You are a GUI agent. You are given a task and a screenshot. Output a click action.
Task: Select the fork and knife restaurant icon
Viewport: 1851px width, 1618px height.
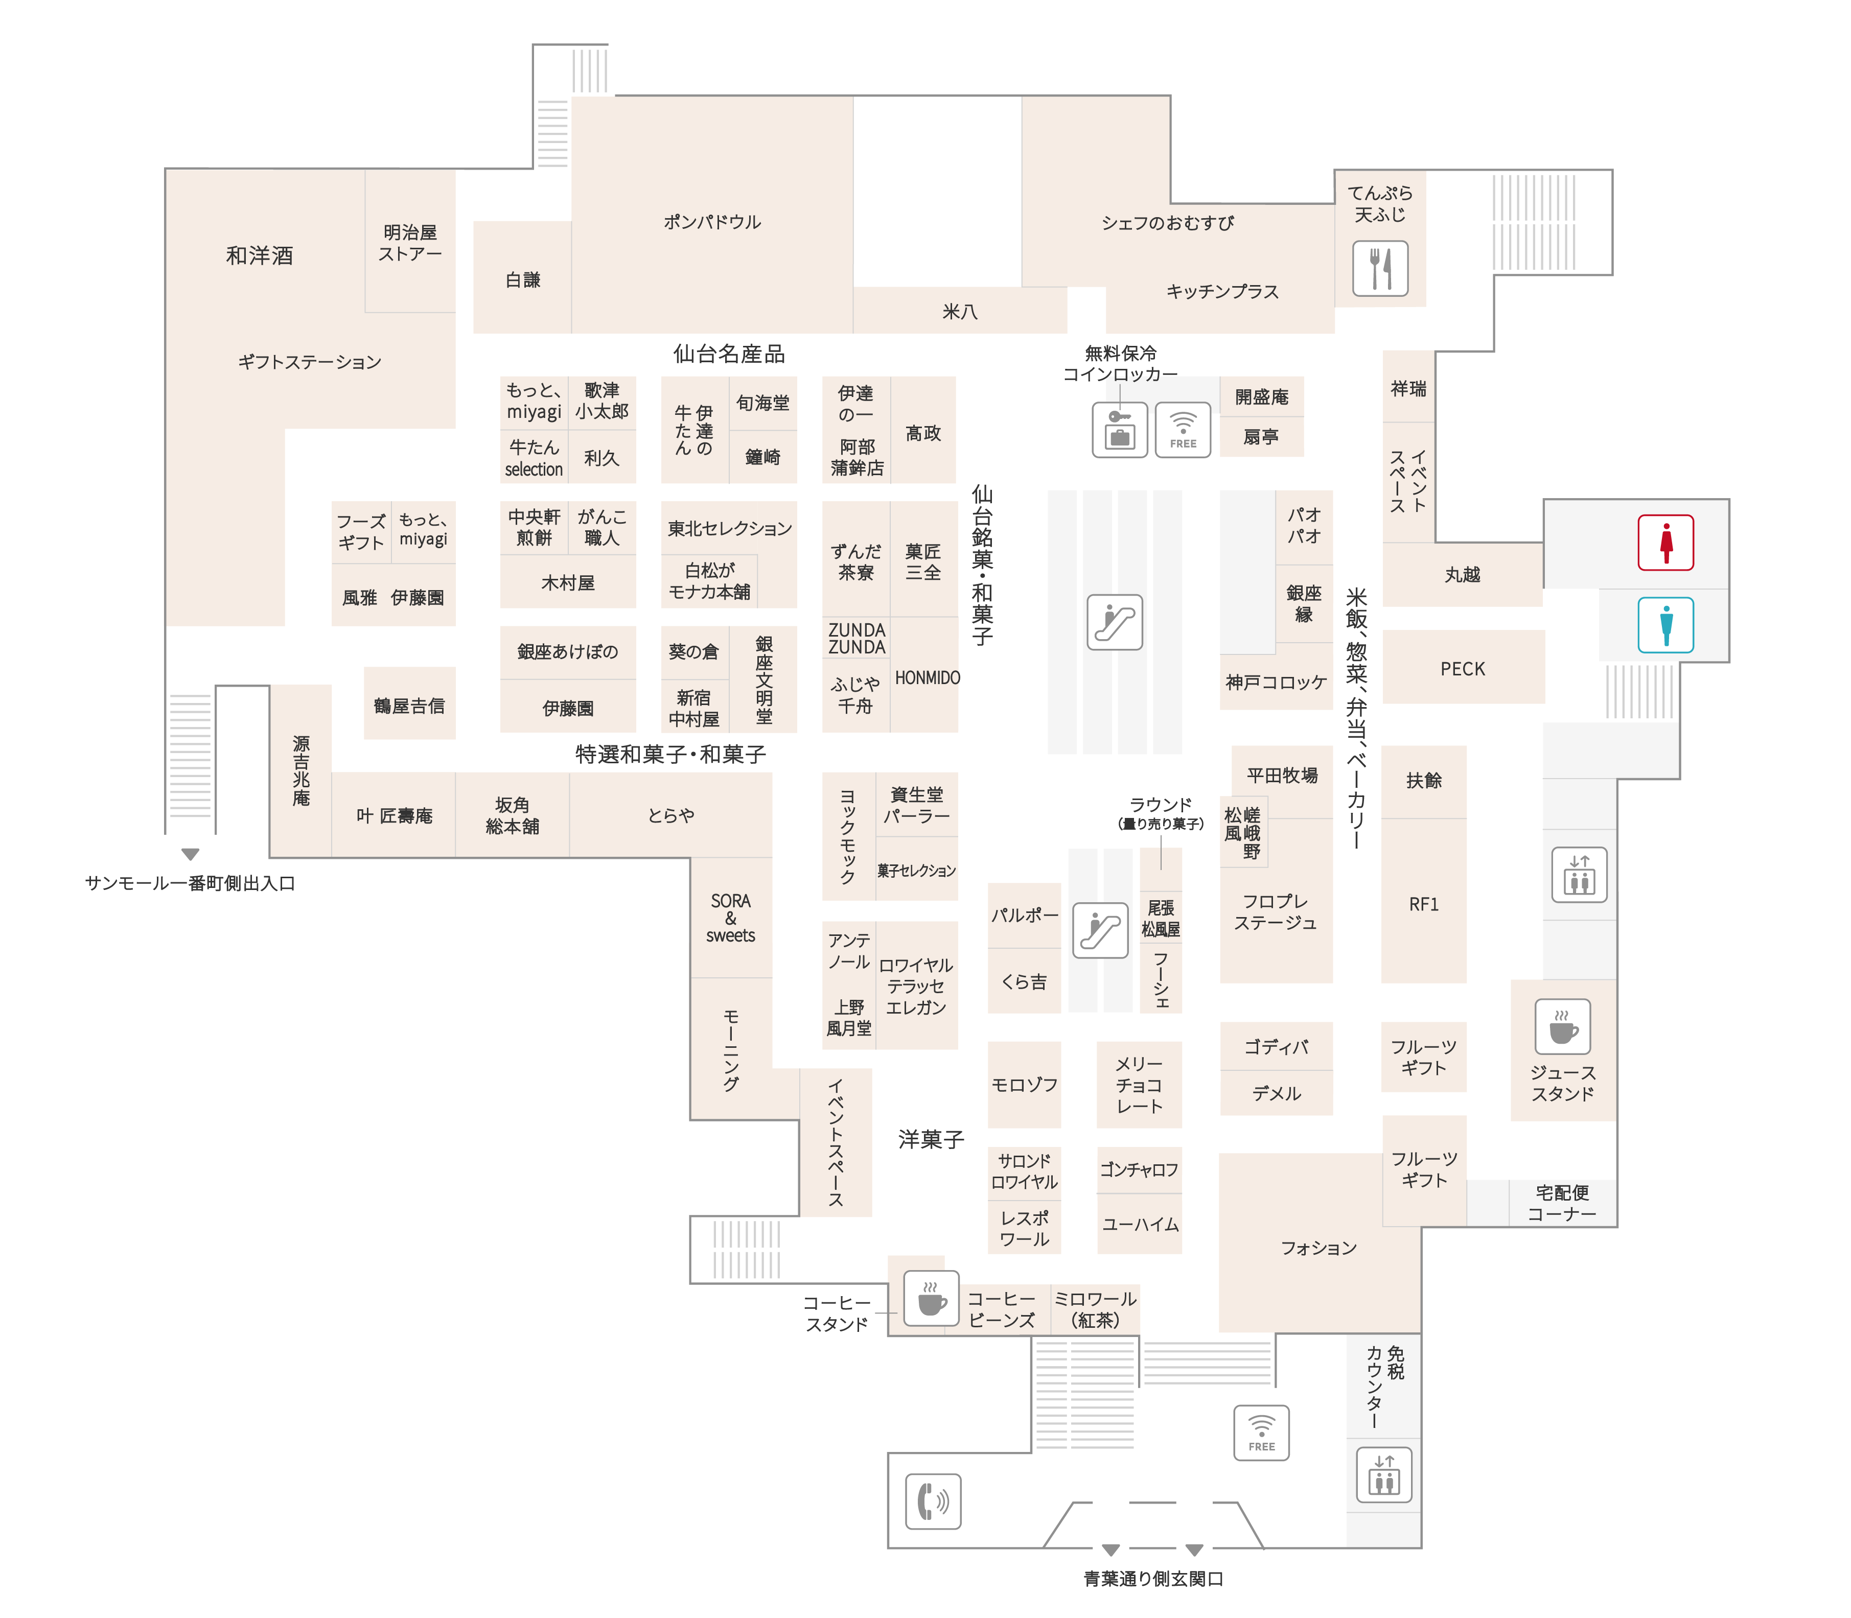point(1380,268)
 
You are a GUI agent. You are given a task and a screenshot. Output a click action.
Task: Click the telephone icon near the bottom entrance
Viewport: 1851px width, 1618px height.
point(933,1502)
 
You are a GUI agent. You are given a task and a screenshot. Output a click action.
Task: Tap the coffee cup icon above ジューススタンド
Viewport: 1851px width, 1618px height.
point(1563,1026)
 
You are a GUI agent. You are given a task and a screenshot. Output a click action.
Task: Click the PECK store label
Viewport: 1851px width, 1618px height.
point(1463,669)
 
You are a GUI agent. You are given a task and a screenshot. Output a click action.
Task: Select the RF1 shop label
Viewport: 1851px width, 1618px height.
point(1424,904)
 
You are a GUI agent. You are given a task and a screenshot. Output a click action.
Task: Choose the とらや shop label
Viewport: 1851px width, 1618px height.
point(671,815)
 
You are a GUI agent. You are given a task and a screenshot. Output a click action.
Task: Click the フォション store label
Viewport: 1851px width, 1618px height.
point(1318,1248)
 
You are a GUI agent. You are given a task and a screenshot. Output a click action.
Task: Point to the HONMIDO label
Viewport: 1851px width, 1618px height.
point(928,678)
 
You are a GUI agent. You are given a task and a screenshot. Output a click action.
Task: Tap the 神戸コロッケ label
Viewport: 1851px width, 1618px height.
point(1276,683)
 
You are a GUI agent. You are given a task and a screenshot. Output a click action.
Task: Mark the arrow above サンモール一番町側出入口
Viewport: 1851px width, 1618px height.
point(190,854)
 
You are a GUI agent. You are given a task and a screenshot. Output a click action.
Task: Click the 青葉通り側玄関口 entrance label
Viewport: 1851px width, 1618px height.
point(1153,1578)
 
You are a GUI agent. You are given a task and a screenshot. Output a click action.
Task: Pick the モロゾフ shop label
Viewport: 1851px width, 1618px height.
point(1024,1085)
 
